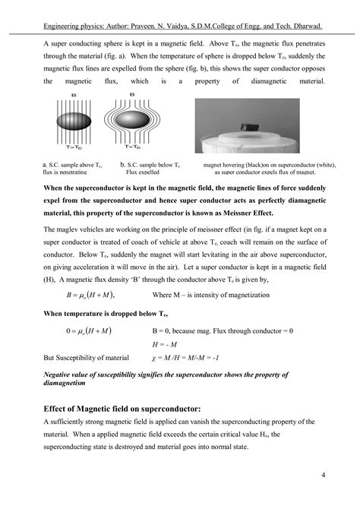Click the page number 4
(324, 476)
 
